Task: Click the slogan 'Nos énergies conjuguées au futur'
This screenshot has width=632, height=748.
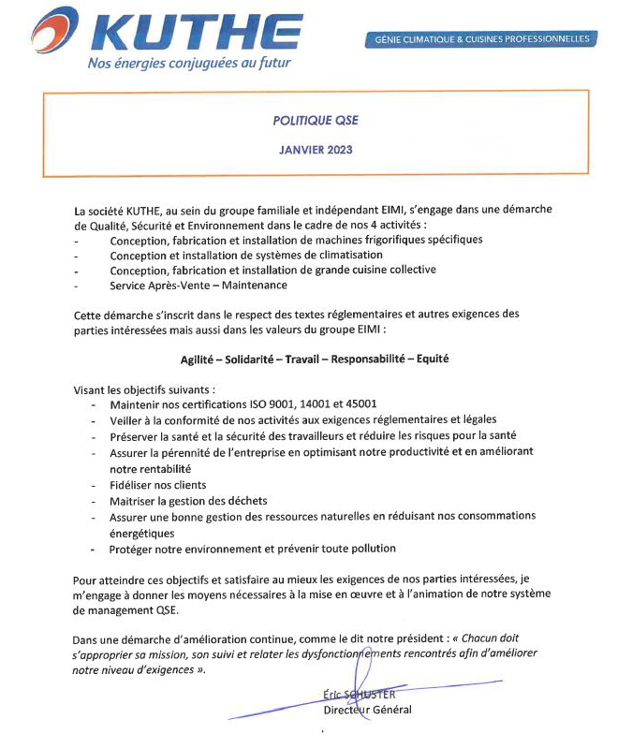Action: point(188,64)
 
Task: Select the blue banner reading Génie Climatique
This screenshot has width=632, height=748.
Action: point(481,39)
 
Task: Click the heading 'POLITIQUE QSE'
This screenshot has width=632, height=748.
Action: point(316,120)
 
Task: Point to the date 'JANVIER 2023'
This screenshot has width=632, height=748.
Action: point(316,149)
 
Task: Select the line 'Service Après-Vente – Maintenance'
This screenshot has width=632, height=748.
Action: point(198,285)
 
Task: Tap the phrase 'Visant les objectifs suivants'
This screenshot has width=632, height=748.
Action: point(143,389)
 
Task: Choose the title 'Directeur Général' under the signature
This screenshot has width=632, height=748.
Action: point(366,709)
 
